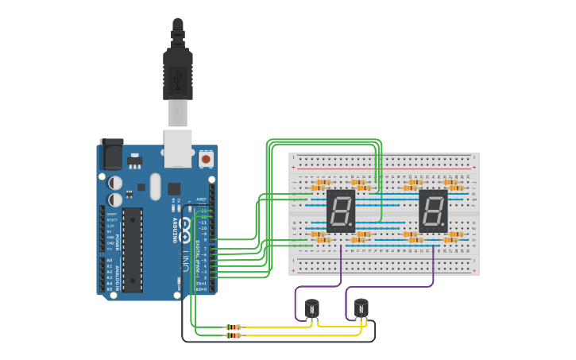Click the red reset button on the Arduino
pyautogui.click(x=207, y=159)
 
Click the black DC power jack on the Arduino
pyautogui.click(x=111, y=154)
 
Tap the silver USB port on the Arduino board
pyautogui.click(x=178, y=149)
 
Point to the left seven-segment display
pyautogui.click(x=340, y=211)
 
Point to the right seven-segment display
pyautogui.click(x=433, y=211)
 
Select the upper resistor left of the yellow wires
pyautogui.click(x=234, y=327)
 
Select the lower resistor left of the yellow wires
pyautogui.click(x=234, y=335)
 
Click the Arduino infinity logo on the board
pyautogui.click(x=185, y=230)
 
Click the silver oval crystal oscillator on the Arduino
pyautogui.click(x=154, y=188)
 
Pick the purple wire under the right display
pyautogui.click(x=433, y=266)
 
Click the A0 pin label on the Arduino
pyautogui.click(x=109, y=260)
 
